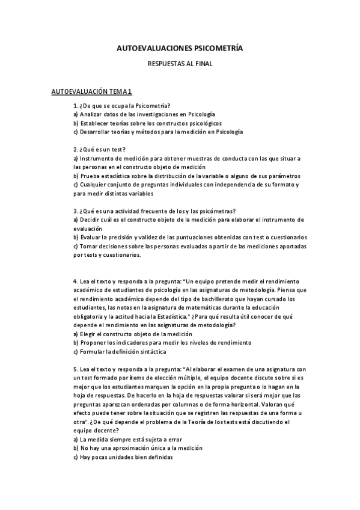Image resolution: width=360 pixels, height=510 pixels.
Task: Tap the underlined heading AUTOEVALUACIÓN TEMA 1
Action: tap(92, 91)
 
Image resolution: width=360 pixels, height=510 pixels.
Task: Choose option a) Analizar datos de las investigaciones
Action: tap(144, 114)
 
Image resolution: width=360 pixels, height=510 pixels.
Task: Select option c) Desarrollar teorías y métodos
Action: tap(158, 131)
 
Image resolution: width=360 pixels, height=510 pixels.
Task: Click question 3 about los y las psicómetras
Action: tap(154, 210)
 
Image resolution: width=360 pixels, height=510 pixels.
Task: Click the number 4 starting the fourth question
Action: tap(75, 281)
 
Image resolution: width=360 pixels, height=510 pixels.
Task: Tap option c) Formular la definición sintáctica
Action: tap(120, 351)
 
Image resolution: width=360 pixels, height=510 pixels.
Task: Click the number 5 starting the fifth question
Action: tap(75, 369)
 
